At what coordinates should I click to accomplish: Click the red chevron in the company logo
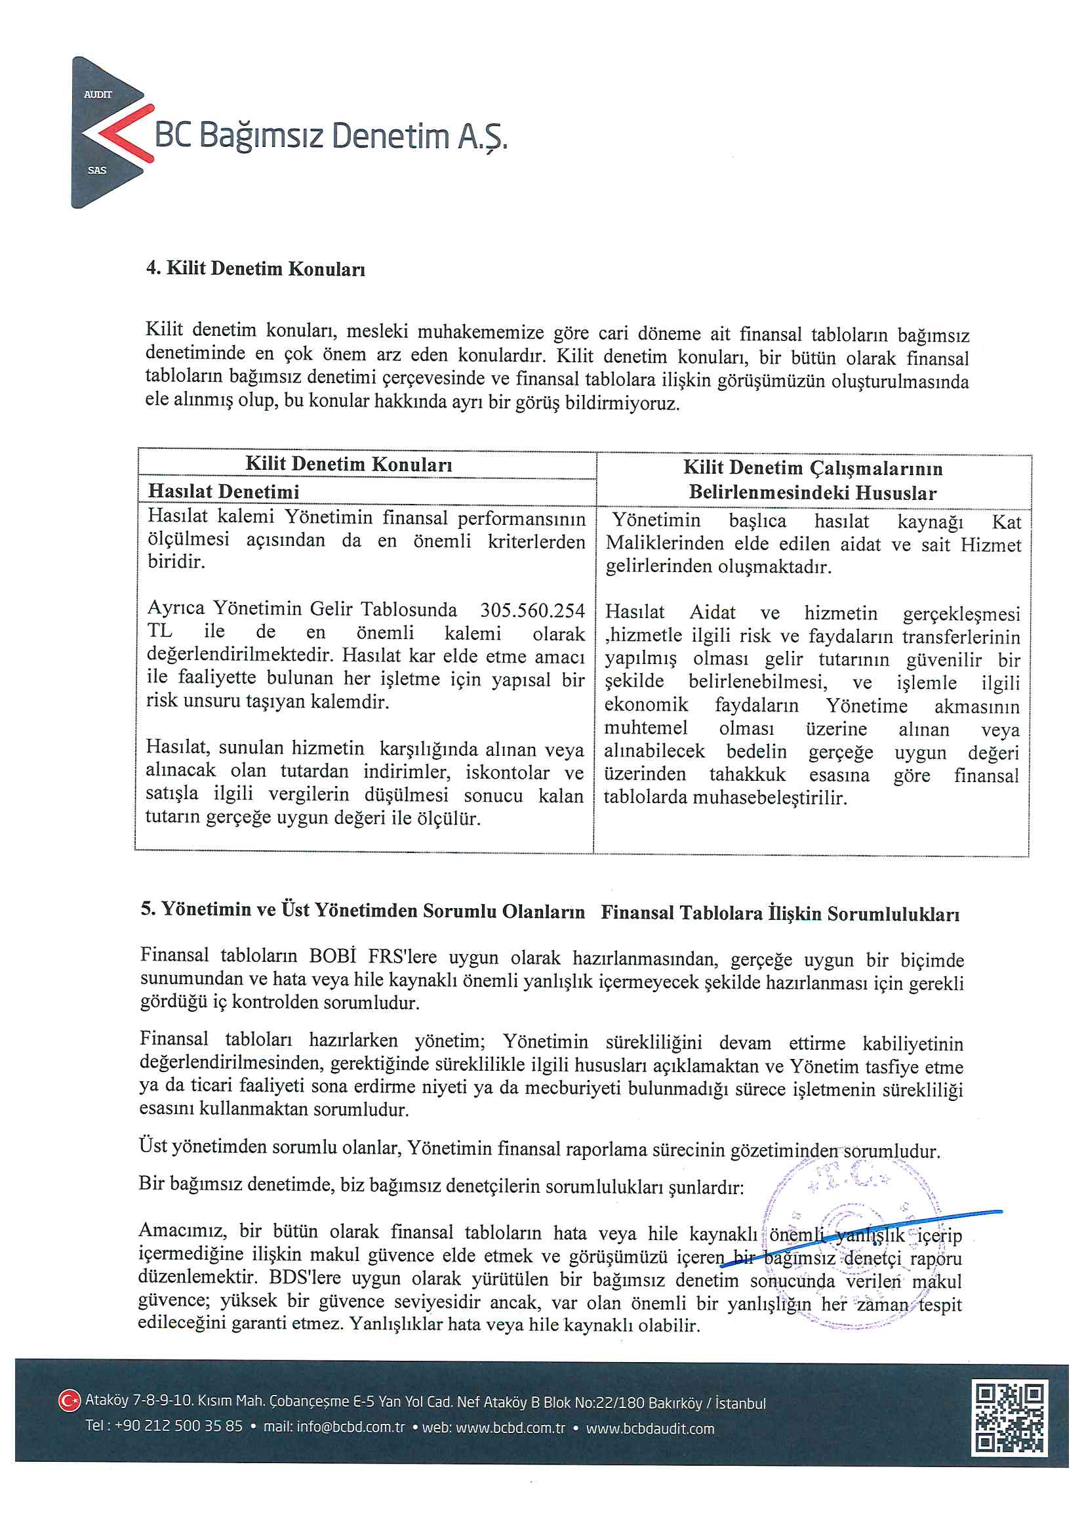pos(123,134)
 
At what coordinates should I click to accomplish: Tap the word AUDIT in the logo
pos(98,94)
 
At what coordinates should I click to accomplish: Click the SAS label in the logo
pos(97,171)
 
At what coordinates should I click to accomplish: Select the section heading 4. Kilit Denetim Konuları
pos(255,268)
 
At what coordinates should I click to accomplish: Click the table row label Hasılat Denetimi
pos(223,491)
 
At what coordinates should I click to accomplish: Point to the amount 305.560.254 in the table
pos(532,610)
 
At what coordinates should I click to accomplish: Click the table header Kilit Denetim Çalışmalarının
pos(812,468)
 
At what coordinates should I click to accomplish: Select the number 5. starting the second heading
pos(148,909)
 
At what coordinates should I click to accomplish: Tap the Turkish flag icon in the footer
pos(69,1401)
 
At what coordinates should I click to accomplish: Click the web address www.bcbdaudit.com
pos(650,1428)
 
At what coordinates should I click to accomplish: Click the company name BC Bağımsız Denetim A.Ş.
pos(331,136)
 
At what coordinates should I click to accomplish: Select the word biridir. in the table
pos(176,562)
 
